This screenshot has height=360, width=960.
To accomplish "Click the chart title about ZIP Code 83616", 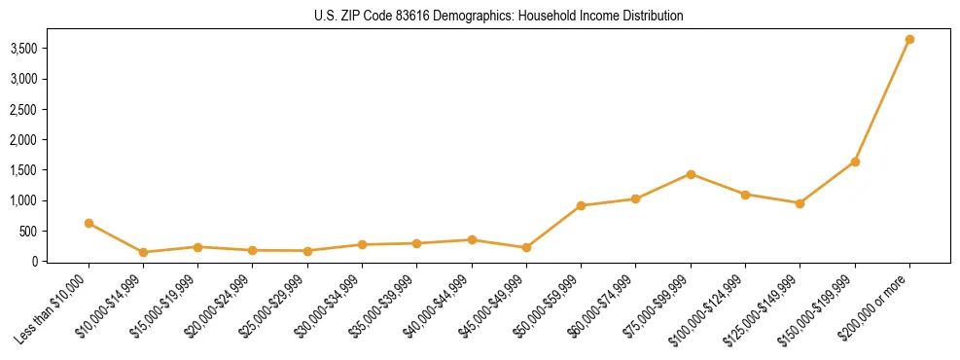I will click(498, 16).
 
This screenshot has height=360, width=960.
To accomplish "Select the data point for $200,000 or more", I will click(909, 40).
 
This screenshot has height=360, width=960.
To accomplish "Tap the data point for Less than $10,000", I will click(89, 223).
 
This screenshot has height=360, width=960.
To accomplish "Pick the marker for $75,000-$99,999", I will click(691, 174).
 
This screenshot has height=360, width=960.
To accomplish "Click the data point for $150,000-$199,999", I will click(855, 162).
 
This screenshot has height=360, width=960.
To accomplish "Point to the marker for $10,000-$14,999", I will click(144, 252).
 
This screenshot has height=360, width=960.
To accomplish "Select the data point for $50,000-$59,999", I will click(581, 205).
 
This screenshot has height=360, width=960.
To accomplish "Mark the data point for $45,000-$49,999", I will click(526, 247).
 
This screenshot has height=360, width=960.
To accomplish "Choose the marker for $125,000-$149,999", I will click(800, 203).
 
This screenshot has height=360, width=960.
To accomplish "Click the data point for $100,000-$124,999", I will click(745, 195).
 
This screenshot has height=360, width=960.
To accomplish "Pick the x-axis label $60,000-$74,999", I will click(603, 305).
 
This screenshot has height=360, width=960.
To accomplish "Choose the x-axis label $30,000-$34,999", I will click(330, 305).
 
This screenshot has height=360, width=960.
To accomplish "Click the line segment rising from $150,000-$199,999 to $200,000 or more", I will click(882, 100).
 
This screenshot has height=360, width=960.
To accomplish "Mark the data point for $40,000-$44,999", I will click(472, 239).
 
